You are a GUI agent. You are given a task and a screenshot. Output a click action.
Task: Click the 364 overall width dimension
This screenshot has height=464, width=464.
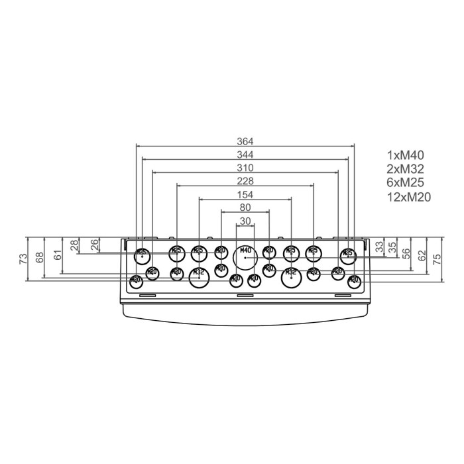point(245,141)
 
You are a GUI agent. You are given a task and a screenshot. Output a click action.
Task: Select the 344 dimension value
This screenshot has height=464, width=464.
point(245,154)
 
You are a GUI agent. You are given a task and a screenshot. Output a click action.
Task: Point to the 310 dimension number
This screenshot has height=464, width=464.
point(245,168)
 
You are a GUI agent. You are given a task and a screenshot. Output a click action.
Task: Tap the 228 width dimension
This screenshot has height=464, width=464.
point(245,181)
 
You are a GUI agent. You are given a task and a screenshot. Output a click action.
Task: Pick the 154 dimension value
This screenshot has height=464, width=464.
point(245,194)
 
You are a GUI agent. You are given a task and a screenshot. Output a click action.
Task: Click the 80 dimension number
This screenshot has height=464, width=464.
point(245,207)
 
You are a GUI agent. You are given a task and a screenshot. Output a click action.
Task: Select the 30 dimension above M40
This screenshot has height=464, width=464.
point(245,221)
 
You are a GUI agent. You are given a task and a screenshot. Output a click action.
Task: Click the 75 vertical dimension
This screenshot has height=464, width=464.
point(437,259)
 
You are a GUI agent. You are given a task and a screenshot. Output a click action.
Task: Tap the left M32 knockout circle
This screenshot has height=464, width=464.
point(198,276)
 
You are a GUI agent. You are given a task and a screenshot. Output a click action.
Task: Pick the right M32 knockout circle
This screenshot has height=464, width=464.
point(290,276)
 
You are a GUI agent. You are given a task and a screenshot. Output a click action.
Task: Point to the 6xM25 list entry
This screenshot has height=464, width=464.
point(405,182)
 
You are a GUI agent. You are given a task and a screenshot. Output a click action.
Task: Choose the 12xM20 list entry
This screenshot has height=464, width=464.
point(408,196)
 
